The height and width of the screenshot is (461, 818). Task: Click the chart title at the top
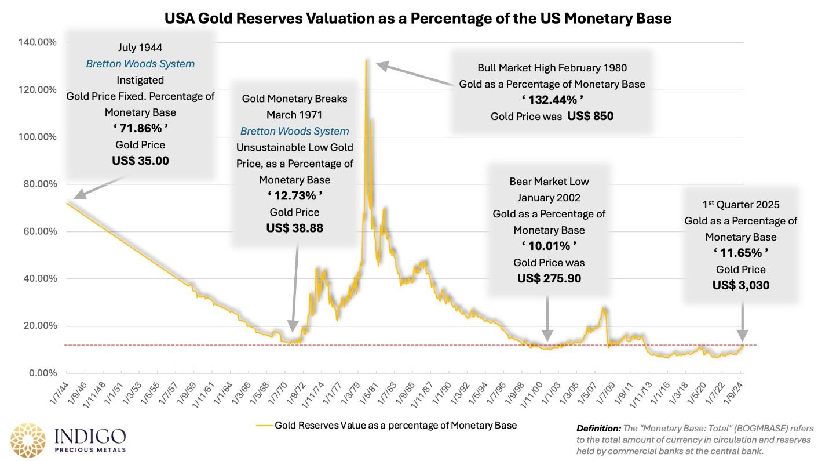coord(418,19)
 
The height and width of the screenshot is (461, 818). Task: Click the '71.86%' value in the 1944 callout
coord(140,128)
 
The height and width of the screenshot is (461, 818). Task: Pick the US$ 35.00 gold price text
coord(140,161)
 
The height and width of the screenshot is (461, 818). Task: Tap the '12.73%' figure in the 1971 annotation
coord(294,195)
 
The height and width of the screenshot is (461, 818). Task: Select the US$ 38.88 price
coord(294,228)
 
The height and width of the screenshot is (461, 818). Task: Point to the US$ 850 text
coord(590,116)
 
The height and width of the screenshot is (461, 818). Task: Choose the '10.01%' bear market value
coord(549,246)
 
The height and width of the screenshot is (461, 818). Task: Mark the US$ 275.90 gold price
coord(549,278)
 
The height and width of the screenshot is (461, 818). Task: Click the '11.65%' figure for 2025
coord(740,253)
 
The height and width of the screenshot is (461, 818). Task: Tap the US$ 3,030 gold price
coord(740,285)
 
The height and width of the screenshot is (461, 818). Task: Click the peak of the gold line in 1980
coord(366,60)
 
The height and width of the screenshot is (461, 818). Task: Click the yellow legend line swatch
coord(264,426)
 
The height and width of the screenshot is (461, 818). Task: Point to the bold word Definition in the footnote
coord(598,429)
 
